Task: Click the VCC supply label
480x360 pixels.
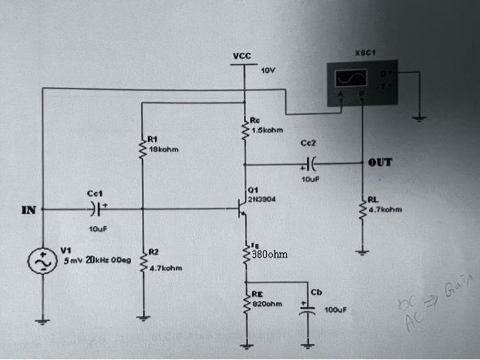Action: pos(241,56)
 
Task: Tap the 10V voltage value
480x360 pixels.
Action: pos(267,71)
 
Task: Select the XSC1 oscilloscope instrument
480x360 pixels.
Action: pos(361,82)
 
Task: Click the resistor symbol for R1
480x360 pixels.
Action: pos(142,153)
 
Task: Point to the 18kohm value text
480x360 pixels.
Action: pos(163,149)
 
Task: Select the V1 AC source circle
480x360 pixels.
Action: pos(41,261)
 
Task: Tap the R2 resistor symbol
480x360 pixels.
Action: pos(142,261)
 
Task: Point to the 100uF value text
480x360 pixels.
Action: pos(336,310)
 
